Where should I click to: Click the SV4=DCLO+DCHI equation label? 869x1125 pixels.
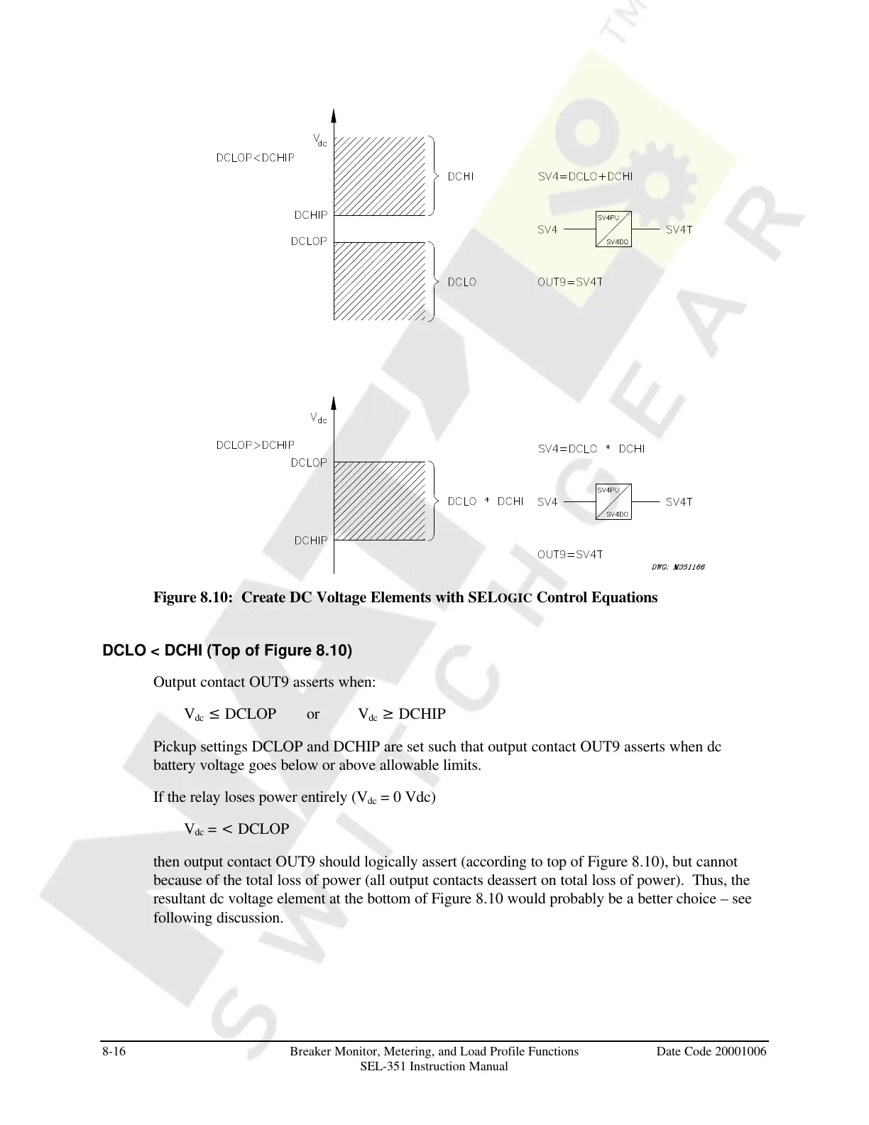coord(585,176)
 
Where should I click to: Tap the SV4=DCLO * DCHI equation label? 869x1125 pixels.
coord(591,449)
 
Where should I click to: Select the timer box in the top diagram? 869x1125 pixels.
coord(613,229)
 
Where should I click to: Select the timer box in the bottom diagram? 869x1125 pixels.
coord(613,502)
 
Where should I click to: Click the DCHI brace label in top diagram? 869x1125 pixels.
coord(461,176)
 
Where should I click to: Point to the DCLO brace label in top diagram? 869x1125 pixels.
coord(461,282)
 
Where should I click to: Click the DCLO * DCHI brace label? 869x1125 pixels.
coord(485,501)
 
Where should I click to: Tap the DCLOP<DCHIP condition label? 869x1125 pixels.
coord(255,158)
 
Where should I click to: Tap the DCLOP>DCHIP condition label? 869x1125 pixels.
coord(255,445)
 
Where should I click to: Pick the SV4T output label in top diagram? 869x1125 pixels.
coord(679,229)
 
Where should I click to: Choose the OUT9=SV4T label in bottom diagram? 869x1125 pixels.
coord(570,555)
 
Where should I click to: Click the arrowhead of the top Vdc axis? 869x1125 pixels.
coord(334,116)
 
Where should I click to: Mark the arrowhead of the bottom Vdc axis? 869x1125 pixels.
coord(334,404)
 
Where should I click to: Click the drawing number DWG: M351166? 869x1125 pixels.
coord(677,567)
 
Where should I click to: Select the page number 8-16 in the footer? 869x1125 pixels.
coord(114,1051)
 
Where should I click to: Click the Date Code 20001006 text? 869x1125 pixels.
coord(711,1051)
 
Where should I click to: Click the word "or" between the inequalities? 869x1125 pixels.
coord(313,714)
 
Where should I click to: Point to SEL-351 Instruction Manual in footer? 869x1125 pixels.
coord(434,1066)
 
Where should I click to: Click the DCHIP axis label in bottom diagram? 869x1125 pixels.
coord(311,540)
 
